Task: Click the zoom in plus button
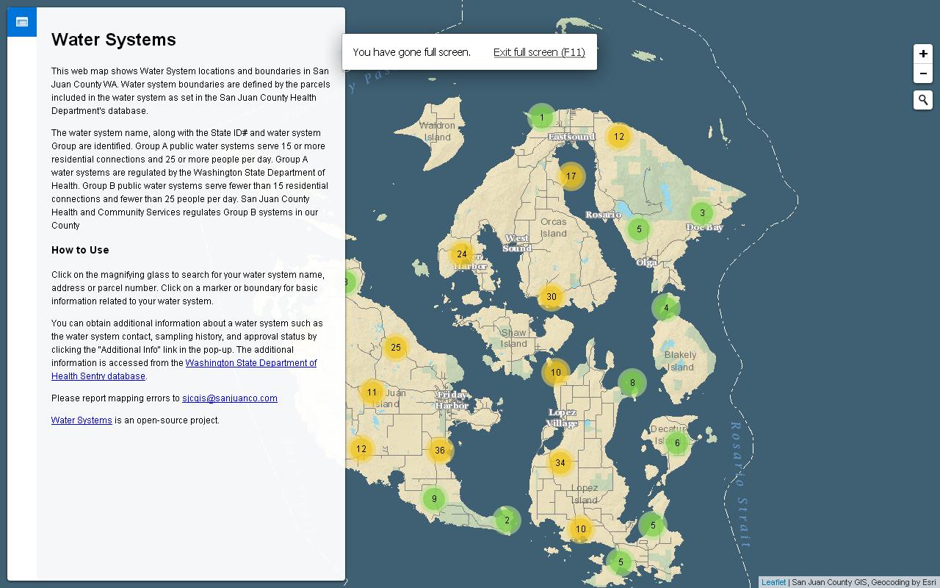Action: tap(923, 54)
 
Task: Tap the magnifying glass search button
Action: tap(923, 100)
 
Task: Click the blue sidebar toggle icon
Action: tap(22, 22)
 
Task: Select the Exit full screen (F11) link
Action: tap(539, 52)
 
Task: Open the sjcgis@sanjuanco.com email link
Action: tap(230, 398)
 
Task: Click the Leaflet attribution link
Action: tap(773, 582)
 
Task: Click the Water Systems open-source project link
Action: tap(82, 420)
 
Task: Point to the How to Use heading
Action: tap(80, 250)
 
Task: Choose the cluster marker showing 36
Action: tap(440, 451)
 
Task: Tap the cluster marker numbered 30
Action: tap(552, 297)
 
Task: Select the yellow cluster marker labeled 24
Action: tap(461, 254)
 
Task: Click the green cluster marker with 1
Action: tap(542, 118)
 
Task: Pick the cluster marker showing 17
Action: tap(571, 176)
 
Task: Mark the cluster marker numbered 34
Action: tap(560, 463)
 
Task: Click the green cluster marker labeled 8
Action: tap(632, 383)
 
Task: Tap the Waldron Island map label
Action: tap(437, 132)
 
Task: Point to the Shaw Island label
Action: tap(513, 338)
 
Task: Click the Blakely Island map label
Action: tap(680, 361)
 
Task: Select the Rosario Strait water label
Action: tap(740, 485)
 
